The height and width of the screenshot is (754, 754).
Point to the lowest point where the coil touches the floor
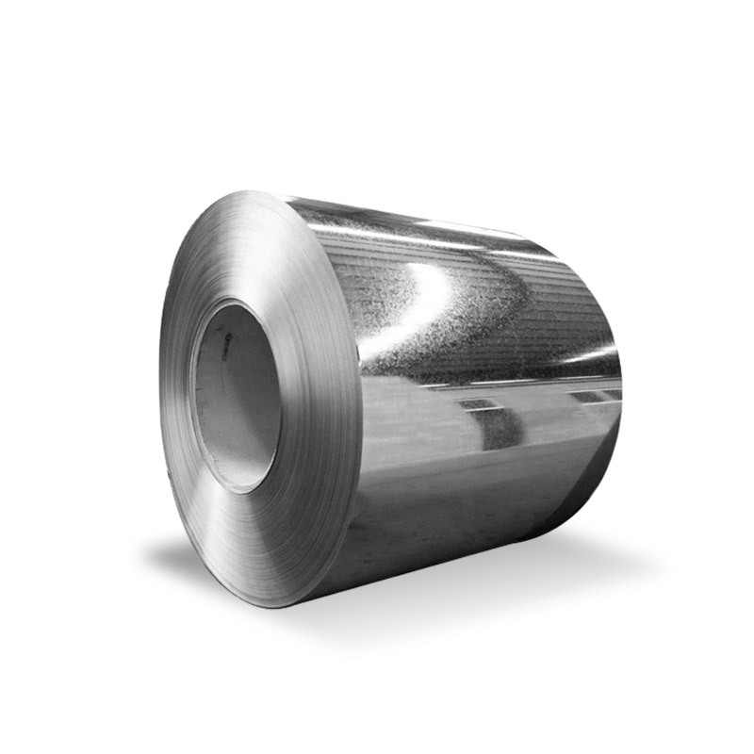[283, 603]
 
